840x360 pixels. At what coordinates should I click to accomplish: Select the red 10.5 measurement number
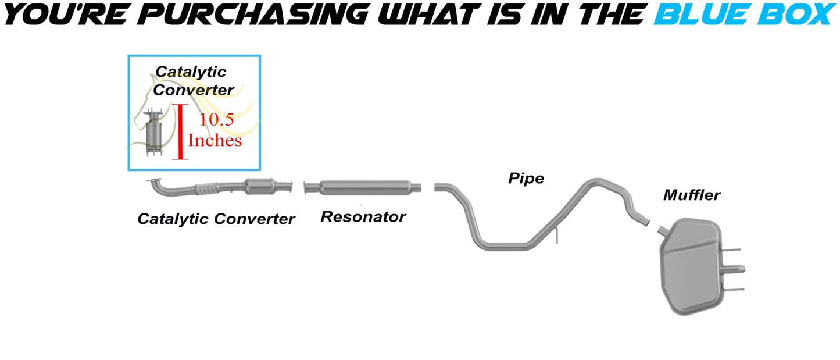pyautogui.click(x=217, y=120)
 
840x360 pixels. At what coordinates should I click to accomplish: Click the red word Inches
pyautogui.click(x=215, y=141)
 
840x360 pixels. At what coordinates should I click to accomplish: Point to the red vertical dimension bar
pyautogui.click(x=180, y=131)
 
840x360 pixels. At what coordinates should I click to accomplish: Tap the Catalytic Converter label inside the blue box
pyautogui.click(x=192, y=81)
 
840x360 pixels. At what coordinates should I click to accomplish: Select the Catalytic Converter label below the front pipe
pyautogui.click(x=216, y=219)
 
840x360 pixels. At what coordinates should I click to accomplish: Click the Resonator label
pyautogui.click(x=363, y=217)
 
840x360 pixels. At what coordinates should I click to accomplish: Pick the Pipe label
pyautogui.click(x=526, y=178)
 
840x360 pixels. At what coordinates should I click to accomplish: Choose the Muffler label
pyautogui.click(x=691, y=195)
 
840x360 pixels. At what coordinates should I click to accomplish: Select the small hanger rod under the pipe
pyautogui.click(x=556, y=236)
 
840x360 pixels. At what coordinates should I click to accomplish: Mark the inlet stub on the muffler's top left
pyautogui.click(x=662, y=231)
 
